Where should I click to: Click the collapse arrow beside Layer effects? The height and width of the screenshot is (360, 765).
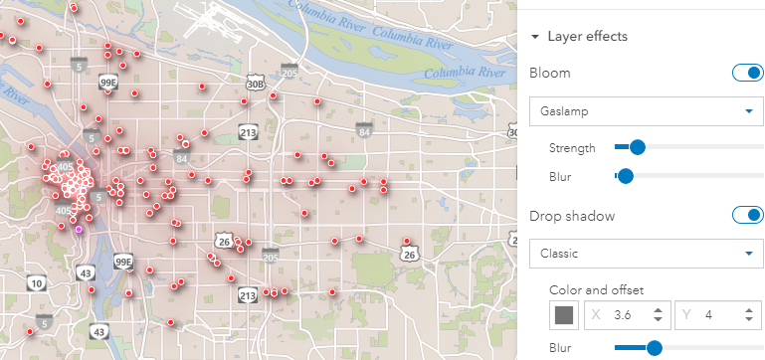pyautogui.click(x=535, y=37)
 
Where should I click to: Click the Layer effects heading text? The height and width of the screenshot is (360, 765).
pyautogui.click(x=587, y=37)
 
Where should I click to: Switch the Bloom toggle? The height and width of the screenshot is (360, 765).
pyautogui.click(x=747, y=74)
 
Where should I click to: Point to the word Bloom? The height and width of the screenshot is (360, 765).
pyautogui.click(x=550, y=74)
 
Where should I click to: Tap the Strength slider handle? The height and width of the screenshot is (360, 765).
pyautogui.click(x=638, y=147)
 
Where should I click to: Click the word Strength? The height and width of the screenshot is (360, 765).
pyautogui.click(x=572, y=148)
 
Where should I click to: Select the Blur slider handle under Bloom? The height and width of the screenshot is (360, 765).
pyautogui.click(x=626, y=176)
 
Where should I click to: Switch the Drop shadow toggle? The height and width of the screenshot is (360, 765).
pyautogui.click(x=747, y=215)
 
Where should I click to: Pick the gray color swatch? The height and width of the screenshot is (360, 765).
pyautogui.click(x=564, y=315)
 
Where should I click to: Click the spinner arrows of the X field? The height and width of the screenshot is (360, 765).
pyautogui.click(x=658, y=315)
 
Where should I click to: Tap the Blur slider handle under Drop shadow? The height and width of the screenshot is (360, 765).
pyautogui.click(x=654, y=347)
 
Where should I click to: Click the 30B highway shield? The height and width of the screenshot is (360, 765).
pyautogui.click(x=256, y=86)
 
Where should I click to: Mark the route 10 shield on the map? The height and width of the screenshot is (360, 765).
pyautogui.click(x=36, y=283)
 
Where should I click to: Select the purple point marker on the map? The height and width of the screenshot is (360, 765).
pyautogui.click(x=79, y=228)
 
